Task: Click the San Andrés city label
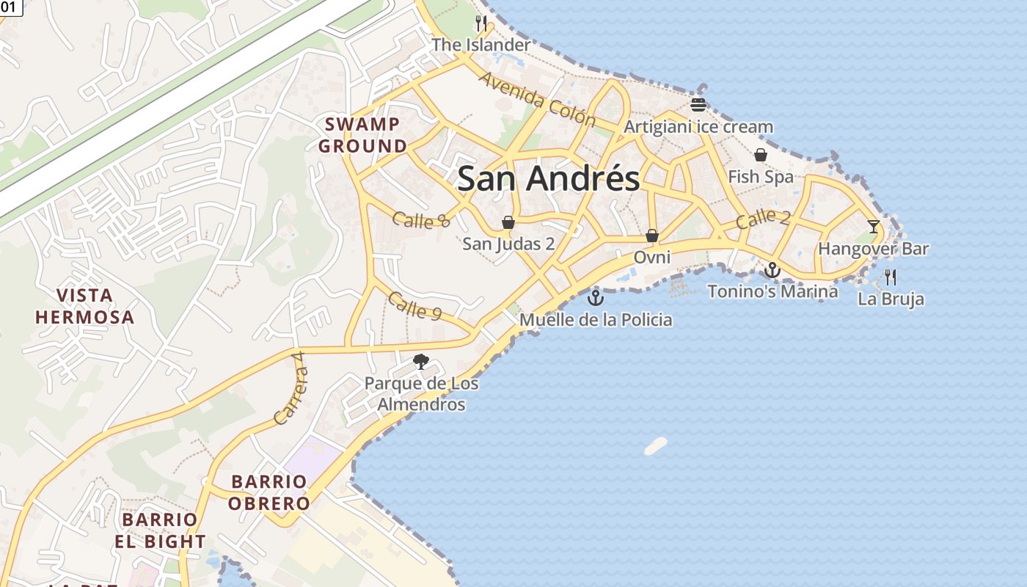click(548, 178)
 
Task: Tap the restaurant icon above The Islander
click(481, 23)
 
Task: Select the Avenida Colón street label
click(537, 99)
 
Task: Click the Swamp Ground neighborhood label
click(362, 135)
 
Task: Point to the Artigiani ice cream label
click(698, 127)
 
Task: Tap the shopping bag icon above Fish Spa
click(761, 155)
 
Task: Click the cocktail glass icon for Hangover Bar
click(873, 226)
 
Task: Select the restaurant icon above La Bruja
click(891, 277)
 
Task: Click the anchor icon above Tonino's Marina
click(772, 270)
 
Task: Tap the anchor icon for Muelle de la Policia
click(595, 298)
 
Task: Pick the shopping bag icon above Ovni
click(651, 236)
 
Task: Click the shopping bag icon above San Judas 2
click(508, 222)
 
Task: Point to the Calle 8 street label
click(420, 219)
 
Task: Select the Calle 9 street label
click(414, 305)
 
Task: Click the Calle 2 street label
click(764, 218)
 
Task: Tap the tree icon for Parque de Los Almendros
click(420, 361)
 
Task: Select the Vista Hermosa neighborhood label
click(86, 307)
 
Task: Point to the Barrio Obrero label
click(268, 492)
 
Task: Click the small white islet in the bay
click(656, 445)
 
